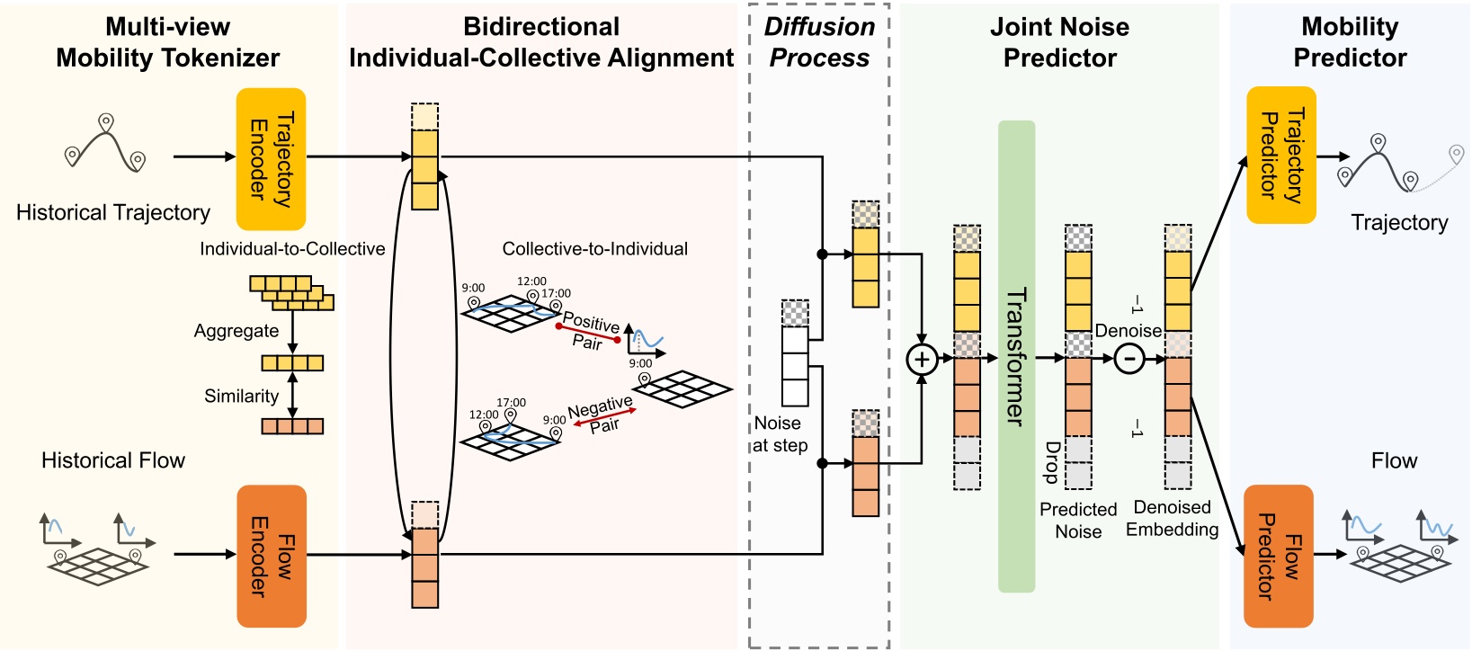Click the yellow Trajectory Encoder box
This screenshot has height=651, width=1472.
click(271, 159)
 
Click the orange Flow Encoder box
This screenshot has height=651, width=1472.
click(271, 556)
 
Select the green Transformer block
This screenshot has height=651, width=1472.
click(1016, 356)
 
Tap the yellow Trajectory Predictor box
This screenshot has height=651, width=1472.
click(1280, 155)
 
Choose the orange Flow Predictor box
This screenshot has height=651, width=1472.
click(1278, 556)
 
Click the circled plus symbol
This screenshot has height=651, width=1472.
click(922, 360)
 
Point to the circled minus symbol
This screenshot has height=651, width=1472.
click(1129, 359)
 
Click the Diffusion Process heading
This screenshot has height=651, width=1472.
click(819, 42)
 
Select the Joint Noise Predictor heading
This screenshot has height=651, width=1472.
click(1059, 42)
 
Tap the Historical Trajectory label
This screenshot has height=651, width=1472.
click(113, 213)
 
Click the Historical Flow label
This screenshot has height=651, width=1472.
click(113, 460)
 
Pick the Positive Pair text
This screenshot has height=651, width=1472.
click(590, 331)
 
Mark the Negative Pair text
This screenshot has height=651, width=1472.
click(601, 415)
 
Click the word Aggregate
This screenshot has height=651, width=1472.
click(236, 331)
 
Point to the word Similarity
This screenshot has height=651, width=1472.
click(241, 396)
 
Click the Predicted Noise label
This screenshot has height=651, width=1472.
click(1078, 521)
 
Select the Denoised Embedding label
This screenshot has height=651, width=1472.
click(1172, 519)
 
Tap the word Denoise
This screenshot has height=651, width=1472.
click(1128, 331)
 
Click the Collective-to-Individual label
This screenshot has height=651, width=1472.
click(594, 249)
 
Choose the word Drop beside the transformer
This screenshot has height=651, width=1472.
click(1051, 461)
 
